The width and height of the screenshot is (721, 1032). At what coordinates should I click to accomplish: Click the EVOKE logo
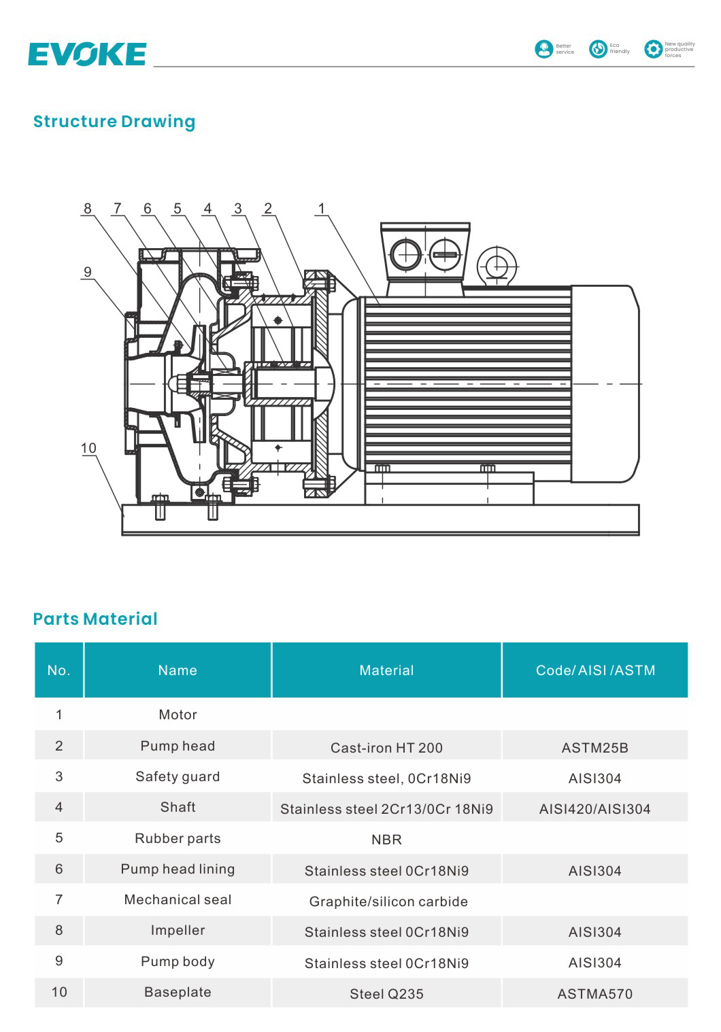point(87,54)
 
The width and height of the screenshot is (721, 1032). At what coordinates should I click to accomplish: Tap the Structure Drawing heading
point(114,122)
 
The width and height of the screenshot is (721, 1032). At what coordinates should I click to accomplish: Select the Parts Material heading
point(95,619)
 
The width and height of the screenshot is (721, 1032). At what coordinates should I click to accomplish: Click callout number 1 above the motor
point(322,209)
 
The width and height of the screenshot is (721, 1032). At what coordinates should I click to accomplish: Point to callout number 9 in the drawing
point(88,272)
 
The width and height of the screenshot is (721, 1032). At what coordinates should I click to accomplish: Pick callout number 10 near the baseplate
point(88,448)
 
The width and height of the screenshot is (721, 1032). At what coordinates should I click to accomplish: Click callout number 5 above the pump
point(178,209)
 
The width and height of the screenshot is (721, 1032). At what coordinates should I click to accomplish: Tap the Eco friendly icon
point(598,49)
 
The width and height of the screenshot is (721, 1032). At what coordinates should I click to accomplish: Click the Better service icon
point(544,49)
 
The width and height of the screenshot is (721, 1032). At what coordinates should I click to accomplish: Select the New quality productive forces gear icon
point(653,49)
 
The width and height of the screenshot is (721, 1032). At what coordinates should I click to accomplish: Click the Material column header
point(386,670)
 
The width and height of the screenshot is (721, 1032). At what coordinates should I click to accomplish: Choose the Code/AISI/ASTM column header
point(595,670)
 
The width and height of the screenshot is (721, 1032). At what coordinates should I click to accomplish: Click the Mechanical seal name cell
point(178,899)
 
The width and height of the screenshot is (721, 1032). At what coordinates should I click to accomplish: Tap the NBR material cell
point(386,840)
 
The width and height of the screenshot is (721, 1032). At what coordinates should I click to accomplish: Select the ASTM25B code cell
point(594,747)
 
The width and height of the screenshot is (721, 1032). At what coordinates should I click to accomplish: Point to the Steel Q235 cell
point(386,994)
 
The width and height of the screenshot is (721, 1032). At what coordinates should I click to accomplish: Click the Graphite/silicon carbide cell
point(388,901)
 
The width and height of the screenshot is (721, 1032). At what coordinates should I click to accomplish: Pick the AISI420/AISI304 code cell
point(594,809)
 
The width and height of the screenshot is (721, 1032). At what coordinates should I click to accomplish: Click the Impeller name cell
point(178,930)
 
